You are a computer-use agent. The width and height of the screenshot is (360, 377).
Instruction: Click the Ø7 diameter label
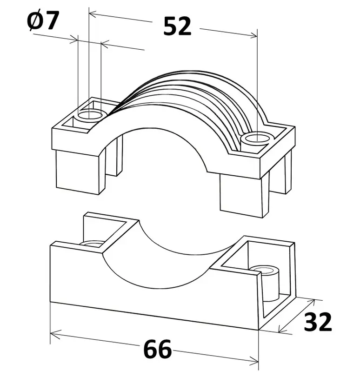click(43, 21)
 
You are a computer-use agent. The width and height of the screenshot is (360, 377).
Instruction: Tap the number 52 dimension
click(177, 26)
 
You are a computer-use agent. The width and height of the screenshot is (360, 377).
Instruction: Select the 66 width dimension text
click(158, 349)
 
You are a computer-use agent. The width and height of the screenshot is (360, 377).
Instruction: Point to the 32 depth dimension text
click(318, 322)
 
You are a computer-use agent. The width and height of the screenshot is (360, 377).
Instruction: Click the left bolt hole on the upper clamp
click(90, 115)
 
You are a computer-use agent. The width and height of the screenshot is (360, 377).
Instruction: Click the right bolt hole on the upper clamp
click(257, 139)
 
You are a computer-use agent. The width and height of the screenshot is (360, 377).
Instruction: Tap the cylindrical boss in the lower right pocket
click(265, 283)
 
